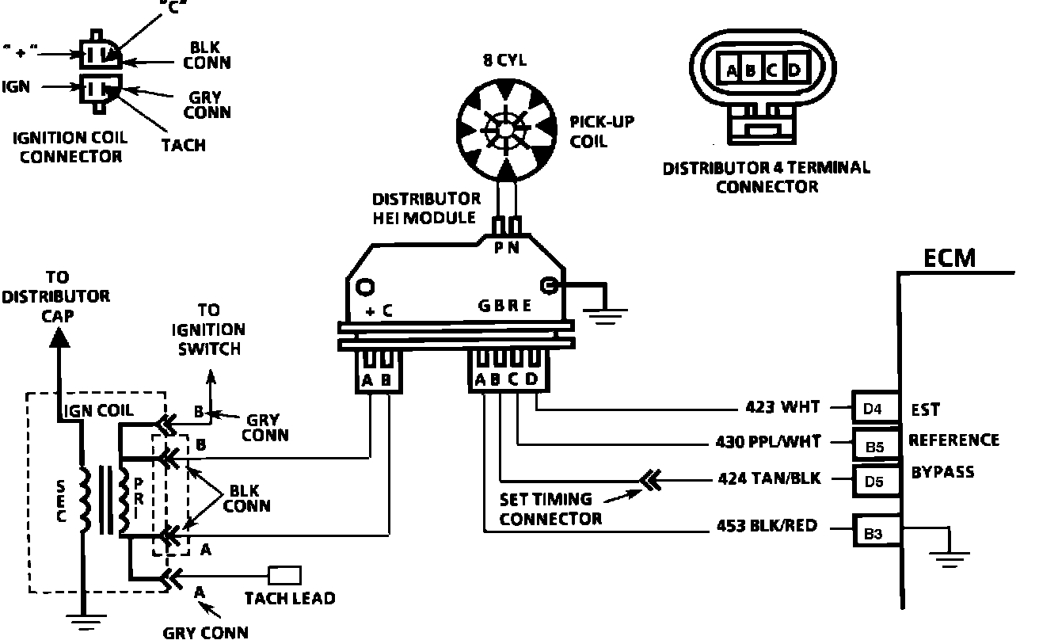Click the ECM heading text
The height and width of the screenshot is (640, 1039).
[950, 259]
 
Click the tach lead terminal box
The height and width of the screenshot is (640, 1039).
[285, 574]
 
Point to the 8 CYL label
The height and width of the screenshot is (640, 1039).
[504, 59]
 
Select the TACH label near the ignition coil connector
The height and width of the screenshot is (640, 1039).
[184, 145]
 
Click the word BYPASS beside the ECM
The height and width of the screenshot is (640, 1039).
[942, 473]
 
